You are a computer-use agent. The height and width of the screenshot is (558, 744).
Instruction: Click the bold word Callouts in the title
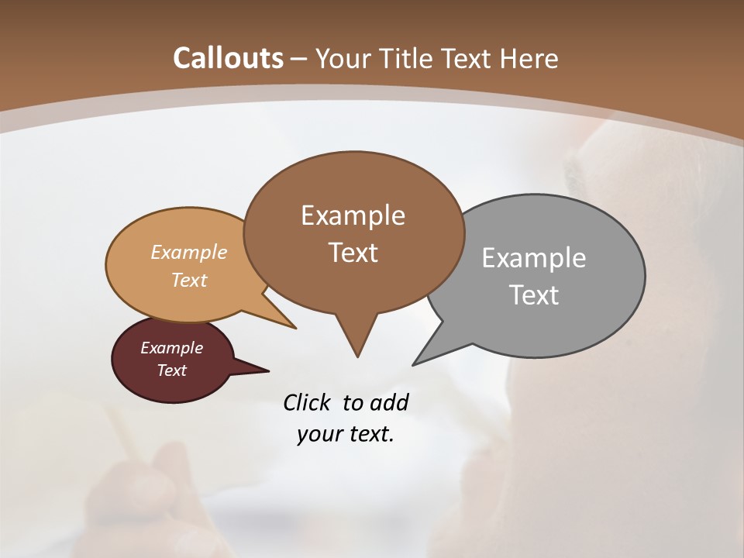(x=228, y=58)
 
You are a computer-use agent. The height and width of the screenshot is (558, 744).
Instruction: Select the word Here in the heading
(x=529, y=58)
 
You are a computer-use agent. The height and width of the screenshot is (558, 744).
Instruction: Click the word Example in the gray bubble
(x=534, y=258)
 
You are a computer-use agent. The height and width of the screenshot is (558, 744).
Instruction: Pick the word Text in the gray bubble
(x=534, y=295)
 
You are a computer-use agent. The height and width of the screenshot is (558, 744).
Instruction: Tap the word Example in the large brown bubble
(x=353, y=215)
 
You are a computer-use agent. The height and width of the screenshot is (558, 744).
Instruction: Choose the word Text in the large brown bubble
(x=353, y=253)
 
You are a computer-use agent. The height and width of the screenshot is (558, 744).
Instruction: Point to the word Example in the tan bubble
(x=189, y=252)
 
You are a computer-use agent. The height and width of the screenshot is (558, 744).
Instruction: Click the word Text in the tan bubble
(x=189, y=280)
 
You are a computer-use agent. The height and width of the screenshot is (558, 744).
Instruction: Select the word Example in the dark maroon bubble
(x=172, y=348)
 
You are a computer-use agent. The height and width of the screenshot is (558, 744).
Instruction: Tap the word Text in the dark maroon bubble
(x=172, y=370)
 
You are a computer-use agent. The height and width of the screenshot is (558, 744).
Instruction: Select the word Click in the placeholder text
(x=307, y=402)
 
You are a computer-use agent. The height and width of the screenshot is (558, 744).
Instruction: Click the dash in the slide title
(x=300, y=60)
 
